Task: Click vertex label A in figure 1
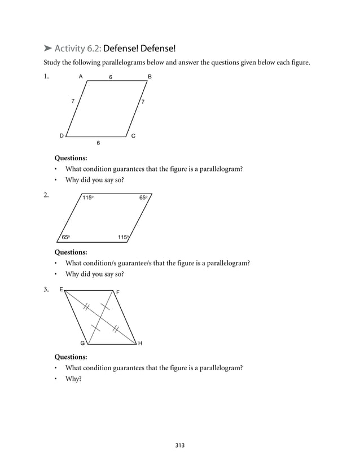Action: tap(81, 76)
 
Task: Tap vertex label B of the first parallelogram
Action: tap(150, 76)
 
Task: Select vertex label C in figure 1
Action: tap(133, 136)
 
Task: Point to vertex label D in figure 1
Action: tap(62, 136)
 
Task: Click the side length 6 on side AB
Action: tap(111, 77)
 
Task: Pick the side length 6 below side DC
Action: tap(98, 143)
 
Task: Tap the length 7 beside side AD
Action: tap(72, 101)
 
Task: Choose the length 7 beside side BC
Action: tap(143, 102)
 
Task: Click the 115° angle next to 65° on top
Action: tap(88, 198)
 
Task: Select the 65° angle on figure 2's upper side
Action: tap(143, 198)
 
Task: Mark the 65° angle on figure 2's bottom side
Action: tap(66, 238)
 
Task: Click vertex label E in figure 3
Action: tap(61, 289)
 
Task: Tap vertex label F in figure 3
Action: tap(117, 292)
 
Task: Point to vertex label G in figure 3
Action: tap(82, 343)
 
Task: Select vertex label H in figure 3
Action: tap(140, 343)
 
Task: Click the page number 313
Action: tap(179, 445)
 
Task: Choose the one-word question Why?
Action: tap(73, 379)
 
